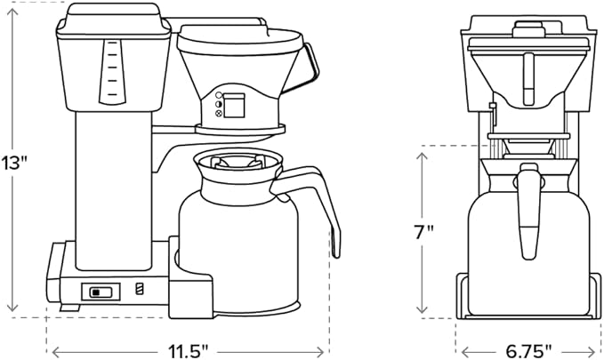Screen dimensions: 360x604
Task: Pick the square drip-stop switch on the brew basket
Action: click(233, 106)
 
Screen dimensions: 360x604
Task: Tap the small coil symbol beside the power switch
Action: click(138, 289)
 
